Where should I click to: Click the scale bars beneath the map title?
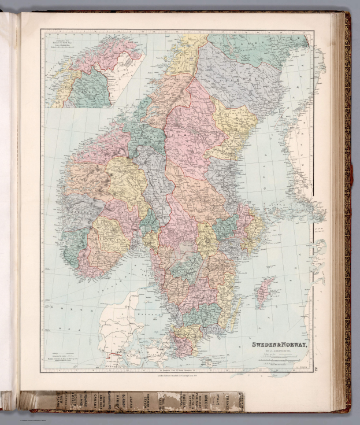click(283, 357)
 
